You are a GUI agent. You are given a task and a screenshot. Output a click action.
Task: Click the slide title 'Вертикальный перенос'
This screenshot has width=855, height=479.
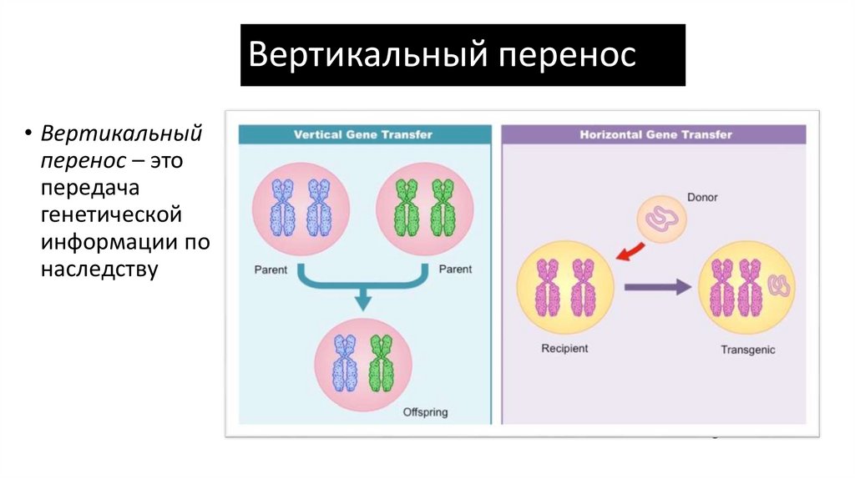tap(443, 55)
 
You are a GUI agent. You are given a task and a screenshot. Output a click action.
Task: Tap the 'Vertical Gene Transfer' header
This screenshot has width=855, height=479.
tap(362, 134)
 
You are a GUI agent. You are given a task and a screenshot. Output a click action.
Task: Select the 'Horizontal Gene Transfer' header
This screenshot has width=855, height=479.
tap(655, 134)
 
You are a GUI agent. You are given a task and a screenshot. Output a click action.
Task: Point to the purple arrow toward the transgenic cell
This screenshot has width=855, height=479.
tap(658, 287)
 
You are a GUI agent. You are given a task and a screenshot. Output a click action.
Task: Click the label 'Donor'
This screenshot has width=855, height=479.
tap(702, 198)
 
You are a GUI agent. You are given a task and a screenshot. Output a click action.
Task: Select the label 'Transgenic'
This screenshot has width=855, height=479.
tap(747, 350)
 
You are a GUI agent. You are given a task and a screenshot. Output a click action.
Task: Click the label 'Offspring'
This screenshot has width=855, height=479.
tap(425, 411)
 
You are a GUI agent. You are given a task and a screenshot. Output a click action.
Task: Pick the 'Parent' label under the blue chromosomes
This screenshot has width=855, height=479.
tap(271, 270)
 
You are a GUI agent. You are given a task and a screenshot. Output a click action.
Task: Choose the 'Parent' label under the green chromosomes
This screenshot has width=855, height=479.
tap(455, 270)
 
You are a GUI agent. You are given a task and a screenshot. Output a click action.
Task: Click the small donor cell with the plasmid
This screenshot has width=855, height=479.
tap(662, 219)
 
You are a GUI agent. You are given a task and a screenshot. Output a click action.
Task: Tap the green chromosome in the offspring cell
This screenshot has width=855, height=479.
tap(381, 364)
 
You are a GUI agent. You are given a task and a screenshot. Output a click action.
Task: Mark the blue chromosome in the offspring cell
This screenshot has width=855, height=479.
tap(344, 364)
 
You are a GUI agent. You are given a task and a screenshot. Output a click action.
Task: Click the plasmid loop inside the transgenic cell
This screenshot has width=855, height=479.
tap(782, 286)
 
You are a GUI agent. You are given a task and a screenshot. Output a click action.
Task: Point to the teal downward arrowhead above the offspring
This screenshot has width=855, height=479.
tap(362, 302)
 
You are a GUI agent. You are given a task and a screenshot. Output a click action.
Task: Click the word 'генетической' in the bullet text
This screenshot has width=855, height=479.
tap(111, 215)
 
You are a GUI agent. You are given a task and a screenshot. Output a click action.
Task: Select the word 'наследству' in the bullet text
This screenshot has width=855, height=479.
tap(99, 270)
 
